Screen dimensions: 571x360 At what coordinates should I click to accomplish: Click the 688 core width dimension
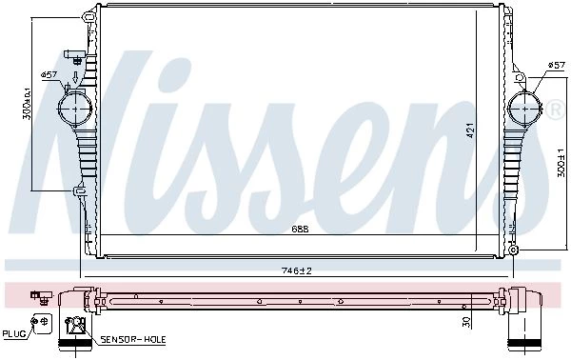click(301, 229)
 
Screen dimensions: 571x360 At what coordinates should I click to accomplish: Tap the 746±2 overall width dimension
click(297, 270)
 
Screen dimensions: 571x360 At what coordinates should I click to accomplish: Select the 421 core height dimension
click(470, 130)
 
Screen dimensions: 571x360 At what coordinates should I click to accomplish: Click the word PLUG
click(14, 333)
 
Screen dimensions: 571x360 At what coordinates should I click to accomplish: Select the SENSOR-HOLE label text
click(133, 340)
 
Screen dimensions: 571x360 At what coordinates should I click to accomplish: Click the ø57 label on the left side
click(49, 74)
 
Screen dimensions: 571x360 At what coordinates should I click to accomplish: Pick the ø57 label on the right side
click(556, 65)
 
